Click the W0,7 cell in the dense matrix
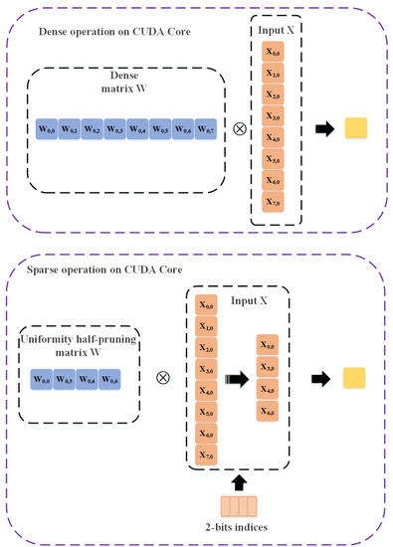click(x=204, y=129)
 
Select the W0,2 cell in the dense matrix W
click(x=92, y=129)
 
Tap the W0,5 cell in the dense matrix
click(x=159, y=129)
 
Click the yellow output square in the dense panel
click(x=356, y=128)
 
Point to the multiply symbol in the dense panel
click(x=239, y=128)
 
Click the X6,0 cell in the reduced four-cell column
click(x=296, y=411)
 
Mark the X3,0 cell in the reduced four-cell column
click(x=296, y=366)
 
